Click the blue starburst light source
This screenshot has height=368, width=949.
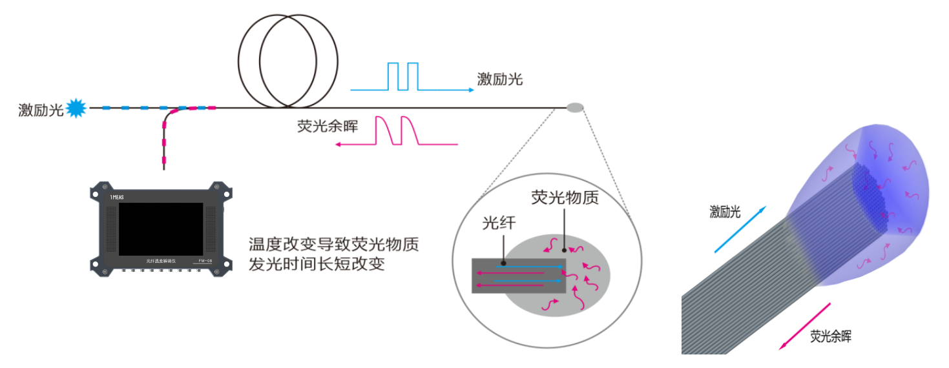point(77,108)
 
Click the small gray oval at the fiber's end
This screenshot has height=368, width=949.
point(575,108)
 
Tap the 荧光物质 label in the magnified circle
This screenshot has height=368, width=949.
point(565,198)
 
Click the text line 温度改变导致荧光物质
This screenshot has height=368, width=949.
point(334,245)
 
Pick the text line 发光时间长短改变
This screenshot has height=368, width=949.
point(317,263)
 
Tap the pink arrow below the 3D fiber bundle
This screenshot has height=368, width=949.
point(805,326)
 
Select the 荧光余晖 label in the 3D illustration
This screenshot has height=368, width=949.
point(831,336)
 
